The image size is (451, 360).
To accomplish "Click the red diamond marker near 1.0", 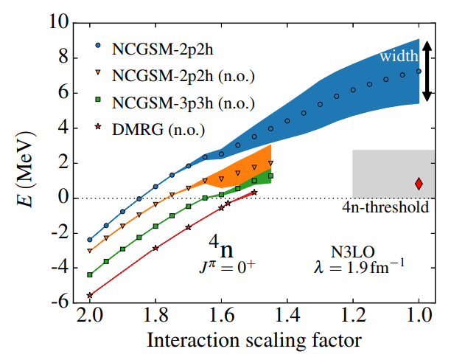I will tap(419, 184).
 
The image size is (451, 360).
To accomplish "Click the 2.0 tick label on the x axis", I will tap(90, 318).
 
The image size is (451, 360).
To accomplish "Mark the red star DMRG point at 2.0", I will tap(90, 295).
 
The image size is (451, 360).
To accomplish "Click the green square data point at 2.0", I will tap(90, 274).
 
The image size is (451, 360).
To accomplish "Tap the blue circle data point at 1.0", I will tap(419, 72).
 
